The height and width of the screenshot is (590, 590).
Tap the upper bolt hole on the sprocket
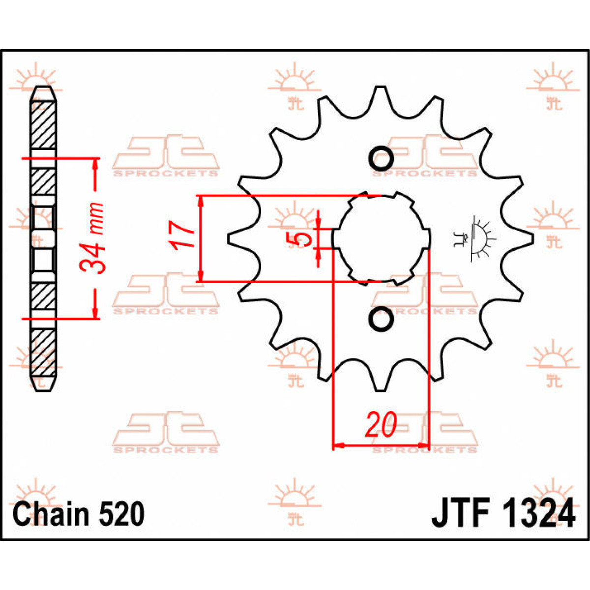click(381, 158)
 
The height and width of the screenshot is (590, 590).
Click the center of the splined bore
click(381, 238)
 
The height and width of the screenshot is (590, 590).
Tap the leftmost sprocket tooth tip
click(230, 238)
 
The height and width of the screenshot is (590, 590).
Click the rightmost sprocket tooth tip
click(531, 238)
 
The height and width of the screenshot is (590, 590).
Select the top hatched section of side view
click(43, 126)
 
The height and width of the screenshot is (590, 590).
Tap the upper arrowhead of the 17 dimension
click(200, 201)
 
